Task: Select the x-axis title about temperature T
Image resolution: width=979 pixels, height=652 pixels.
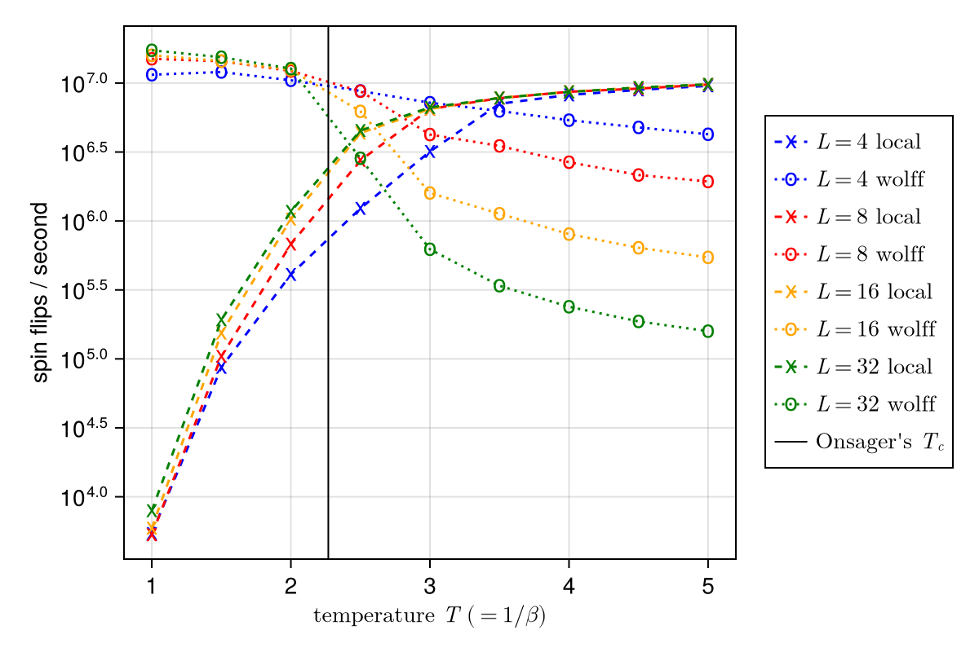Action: pyautogui.click(x=429, y=616)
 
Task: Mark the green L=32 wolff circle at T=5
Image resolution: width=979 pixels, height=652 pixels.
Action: pyautogui.click(x=708, y=332)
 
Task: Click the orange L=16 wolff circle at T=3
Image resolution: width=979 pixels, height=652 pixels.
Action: pyautogui.click(x=430, y=193)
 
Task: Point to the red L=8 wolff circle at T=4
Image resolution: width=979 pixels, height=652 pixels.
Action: pyautogui.click(x=569, y=162)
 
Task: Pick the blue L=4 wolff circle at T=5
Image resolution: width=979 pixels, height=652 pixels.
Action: pyautogui.click(x=708, y=134)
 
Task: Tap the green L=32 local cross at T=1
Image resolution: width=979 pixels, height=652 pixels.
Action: pyautogui.click(x=152, y=510)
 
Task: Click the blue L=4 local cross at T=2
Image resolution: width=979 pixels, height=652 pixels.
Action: pyautogui.click(x=290, y=275)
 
